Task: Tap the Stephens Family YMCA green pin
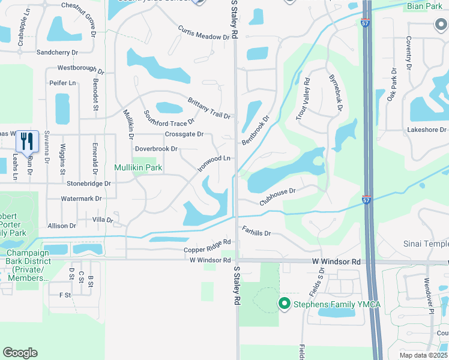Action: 285,304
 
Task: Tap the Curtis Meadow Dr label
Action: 204,32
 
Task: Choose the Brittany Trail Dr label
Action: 209,108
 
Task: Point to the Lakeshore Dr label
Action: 427,130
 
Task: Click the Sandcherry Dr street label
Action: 58,52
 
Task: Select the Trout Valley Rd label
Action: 302,100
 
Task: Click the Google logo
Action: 20,353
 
